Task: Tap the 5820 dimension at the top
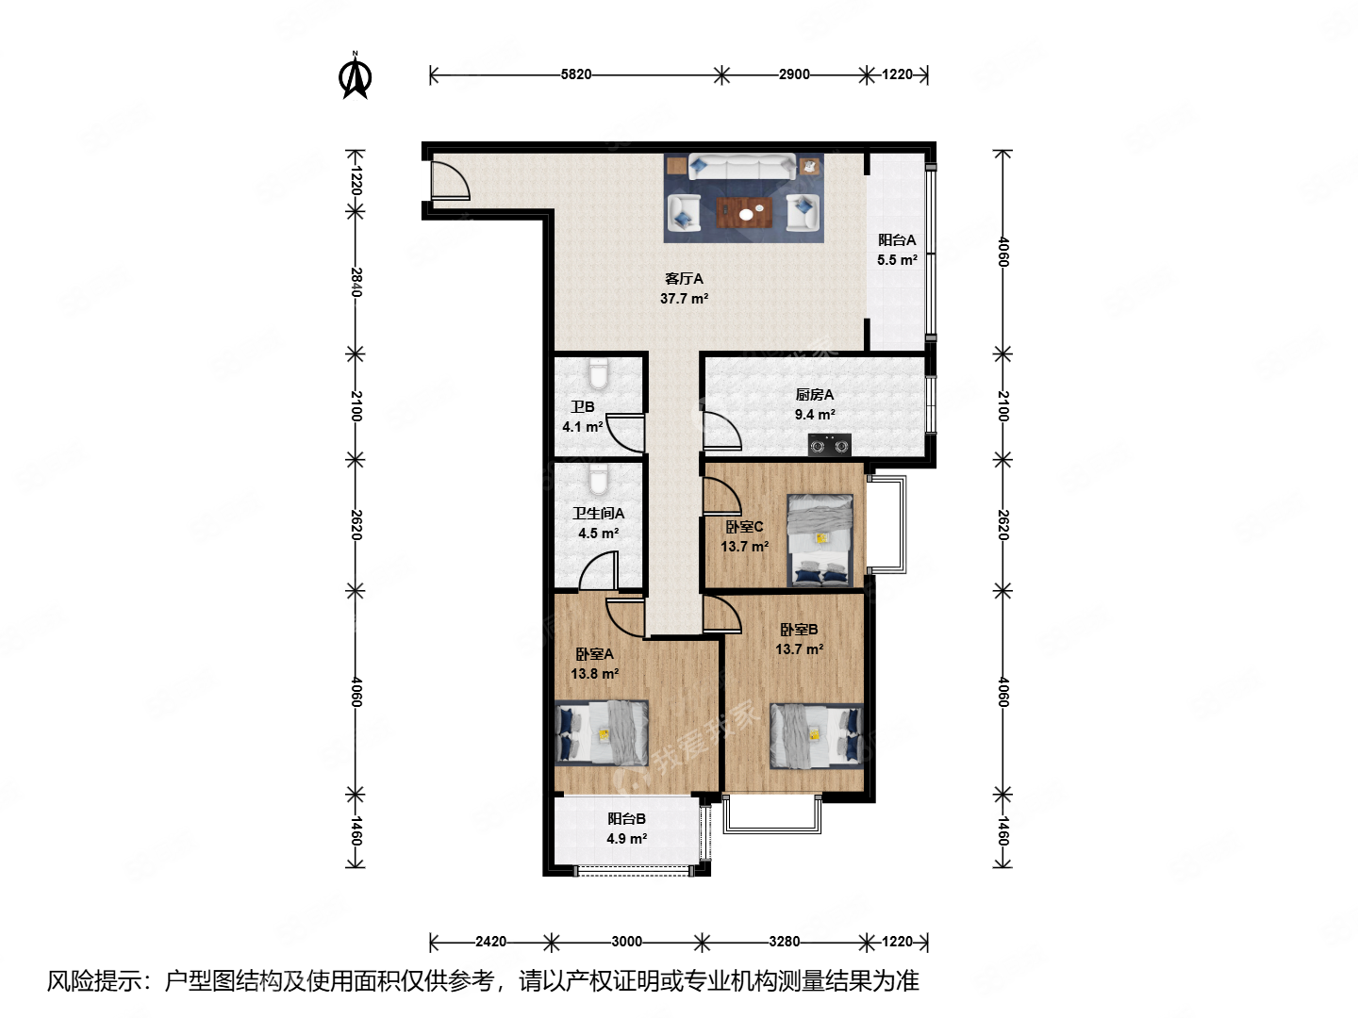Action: pos(575,74)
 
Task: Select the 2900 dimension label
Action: pos(793,74)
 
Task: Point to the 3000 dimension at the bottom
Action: pos(626,941)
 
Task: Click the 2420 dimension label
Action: pos(490,941)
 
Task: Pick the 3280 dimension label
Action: pos(784,941)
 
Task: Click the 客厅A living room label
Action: pos(684,279)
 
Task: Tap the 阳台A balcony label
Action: pos(897,240)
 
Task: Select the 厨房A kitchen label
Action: pos(814,395)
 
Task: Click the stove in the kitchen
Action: pos(829,445)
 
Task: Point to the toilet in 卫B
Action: pos(598,374)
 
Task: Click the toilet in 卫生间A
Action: pos(598,480)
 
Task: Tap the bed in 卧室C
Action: pos(820,540)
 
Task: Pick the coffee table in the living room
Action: pos(744,213)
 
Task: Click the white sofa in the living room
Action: pos(742,168)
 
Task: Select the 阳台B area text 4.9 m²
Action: pos(626,839)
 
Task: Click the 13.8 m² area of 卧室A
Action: pos(594,674)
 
